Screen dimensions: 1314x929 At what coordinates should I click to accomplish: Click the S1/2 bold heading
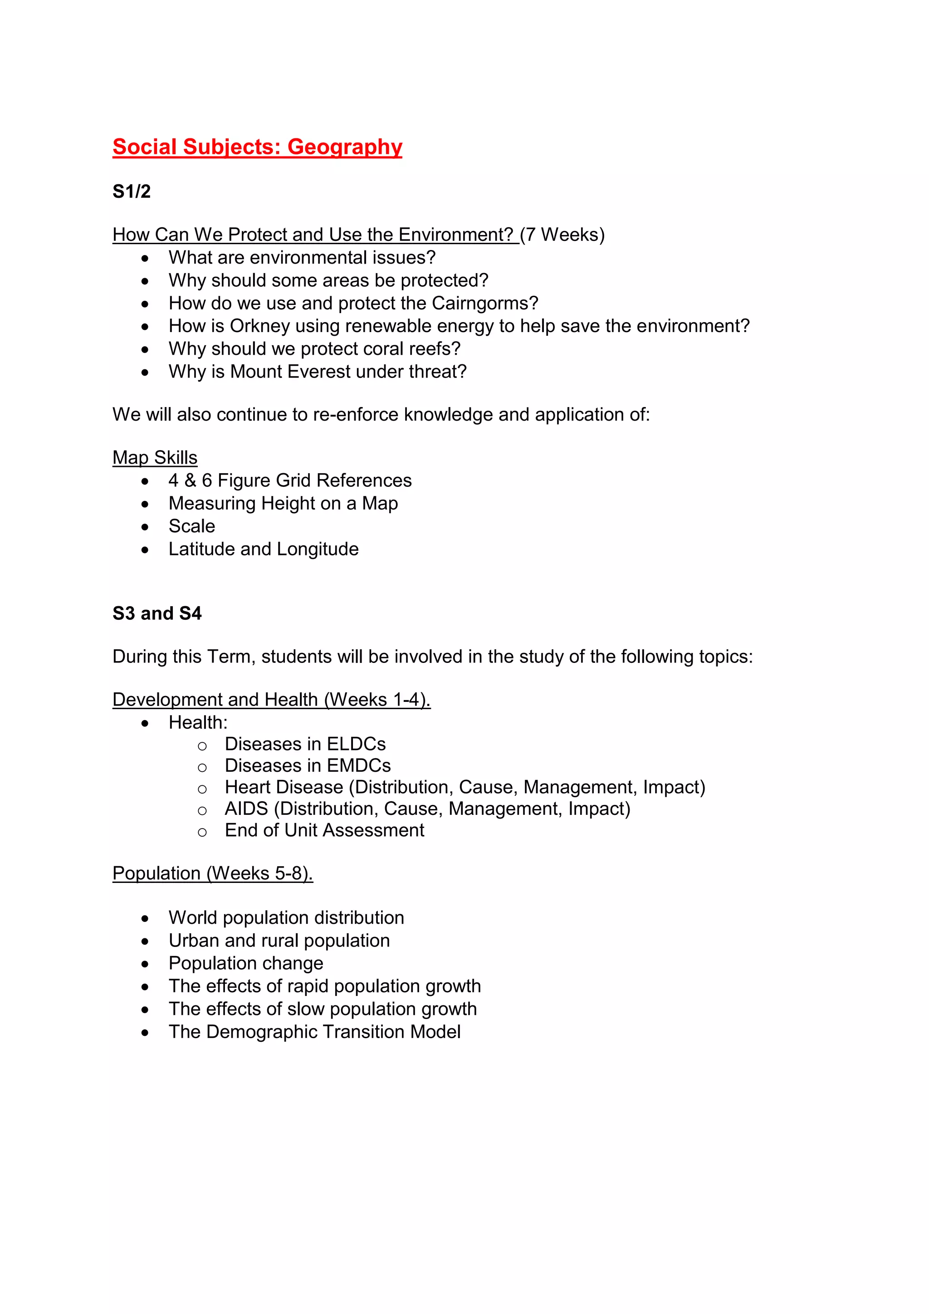click(x=132, y=191)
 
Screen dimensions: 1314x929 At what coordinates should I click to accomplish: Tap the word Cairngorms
click(x=484, y=304)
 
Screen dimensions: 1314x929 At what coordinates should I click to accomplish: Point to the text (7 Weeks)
click(x=562, y=235)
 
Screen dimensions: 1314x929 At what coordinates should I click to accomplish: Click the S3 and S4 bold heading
click(x=157, y=613)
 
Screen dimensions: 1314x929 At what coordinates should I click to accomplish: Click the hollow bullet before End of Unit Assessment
click(x=202, y=832)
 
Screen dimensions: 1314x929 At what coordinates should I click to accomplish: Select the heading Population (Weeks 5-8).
click(x=212, y=873)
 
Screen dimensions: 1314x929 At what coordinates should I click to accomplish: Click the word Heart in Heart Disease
click(x=248, y=788)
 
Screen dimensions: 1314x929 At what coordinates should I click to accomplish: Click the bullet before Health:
click(x=145, y=723)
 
